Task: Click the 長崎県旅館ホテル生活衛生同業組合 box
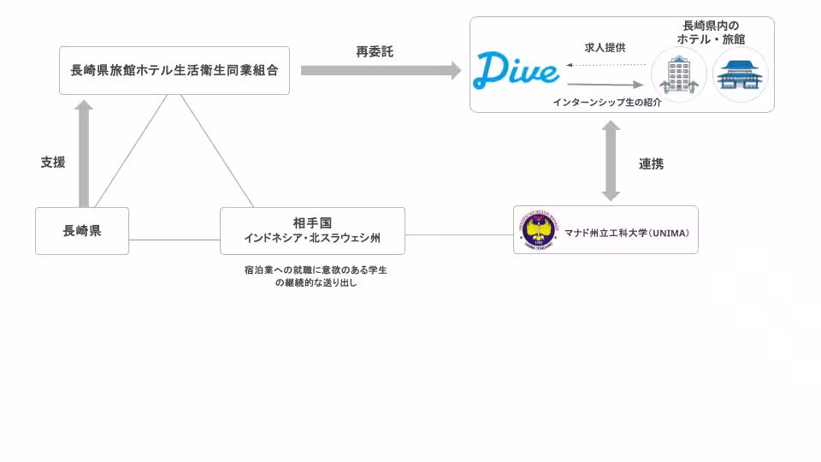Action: coord(174,71)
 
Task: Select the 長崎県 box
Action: coord(82,230)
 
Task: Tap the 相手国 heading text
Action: coord(312,223)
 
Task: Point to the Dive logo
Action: coord(517,70)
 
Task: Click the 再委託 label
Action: coord(375,52)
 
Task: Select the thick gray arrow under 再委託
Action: coord(381,71)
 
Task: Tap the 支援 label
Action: coord(53,162)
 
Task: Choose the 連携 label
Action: coord(651,163)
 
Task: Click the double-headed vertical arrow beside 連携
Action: coord(611,160)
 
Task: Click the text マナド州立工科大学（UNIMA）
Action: coord(627,231)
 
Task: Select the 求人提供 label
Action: coord(605,48)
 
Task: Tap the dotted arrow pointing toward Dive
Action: coord(605,64)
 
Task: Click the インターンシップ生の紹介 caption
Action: coord(606,101)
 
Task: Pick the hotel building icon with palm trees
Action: coord(679,75)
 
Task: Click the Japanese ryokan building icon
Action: coord(740,75)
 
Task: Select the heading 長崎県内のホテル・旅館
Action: coord(711,33)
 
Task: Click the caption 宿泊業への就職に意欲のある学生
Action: coord(316,269)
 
